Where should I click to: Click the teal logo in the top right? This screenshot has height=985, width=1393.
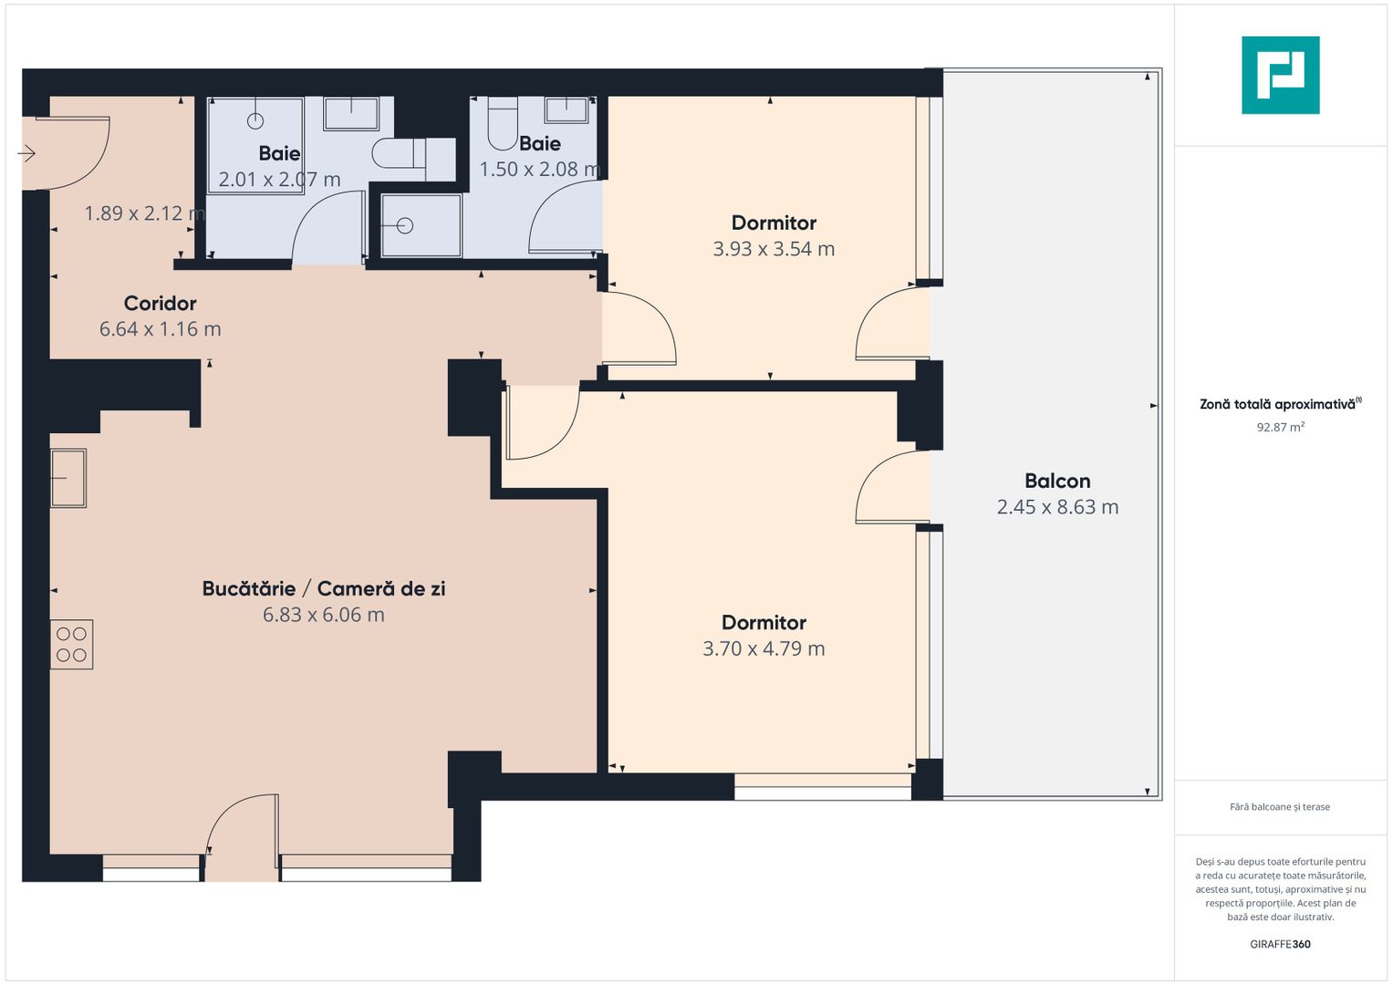click(x=1280, y=75)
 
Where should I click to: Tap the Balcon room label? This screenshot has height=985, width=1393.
click(x=1057, y=481)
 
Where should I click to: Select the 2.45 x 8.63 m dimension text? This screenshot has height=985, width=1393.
click(x=1057, y=507)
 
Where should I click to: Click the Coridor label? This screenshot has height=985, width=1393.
click(x=161, y=303)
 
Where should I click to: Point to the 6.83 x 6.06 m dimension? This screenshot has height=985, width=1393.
click(x=324, y=615)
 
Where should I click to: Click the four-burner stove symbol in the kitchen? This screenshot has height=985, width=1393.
click(x=71, y=644)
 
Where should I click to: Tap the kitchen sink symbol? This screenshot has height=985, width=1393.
click(x=68, y=478)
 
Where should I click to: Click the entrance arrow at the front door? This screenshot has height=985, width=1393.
click(x=26, y=153)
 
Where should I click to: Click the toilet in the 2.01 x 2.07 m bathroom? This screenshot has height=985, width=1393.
click(x=401, y=153)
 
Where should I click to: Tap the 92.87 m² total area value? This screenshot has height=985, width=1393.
click(x=1280, y=427)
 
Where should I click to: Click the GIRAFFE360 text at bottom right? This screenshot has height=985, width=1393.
click(x=1280, y=944)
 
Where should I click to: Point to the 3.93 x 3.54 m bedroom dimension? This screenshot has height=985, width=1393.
click(x=774, y=249)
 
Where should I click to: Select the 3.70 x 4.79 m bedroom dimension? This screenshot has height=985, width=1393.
click(x=764, y=648)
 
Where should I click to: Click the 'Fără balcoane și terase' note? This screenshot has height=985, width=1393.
click(x=1280, y=807)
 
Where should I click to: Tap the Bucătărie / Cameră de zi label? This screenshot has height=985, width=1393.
click(x=324, y=588)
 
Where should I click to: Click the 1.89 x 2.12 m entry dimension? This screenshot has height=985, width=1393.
click(x=144, y=213)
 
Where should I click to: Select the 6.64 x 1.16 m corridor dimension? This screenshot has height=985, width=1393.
click(x=161, y=329)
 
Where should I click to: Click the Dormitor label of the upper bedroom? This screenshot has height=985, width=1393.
click(x=774, y=223)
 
